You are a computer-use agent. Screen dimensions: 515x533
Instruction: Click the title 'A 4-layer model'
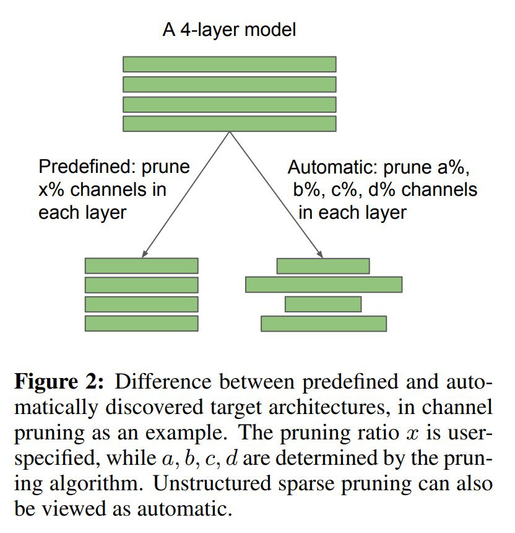pyautogui.click(x=229, y=30)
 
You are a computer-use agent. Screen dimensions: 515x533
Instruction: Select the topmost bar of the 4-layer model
pyautogui.click(x=230, y=64)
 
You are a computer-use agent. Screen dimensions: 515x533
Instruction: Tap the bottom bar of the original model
pyautogui.click(x=230, y=124)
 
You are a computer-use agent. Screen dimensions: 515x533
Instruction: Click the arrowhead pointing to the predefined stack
pyautogui.click(x=144, y=253)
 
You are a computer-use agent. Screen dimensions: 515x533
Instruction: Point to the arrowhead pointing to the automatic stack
pyautogui.click(x=319, y=253)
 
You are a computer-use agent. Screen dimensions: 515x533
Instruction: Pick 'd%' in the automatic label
pyautogui.click(x=381, y=190)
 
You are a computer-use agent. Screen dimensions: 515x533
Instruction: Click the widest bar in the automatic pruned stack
pyautogui.click(x=324, y=284)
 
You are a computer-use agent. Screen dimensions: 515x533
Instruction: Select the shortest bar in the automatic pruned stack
pyautogui.click(x=323, y=304)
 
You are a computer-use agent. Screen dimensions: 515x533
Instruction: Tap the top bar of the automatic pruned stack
pyautogui.click(x=323, y=266)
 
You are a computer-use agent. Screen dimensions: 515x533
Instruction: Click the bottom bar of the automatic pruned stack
pyautogui.click(x=324, y=324)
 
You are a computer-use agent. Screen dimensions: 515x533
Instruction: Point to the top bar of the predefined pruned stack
pyautogui.click(x=142, y=265)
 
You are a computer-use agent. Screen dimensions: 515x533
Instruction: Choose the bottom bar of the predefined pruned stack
pyautogui.click(x=142, y=324)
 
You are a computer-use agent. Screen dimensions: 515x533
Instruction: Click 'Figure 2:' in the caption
pyautogui.click(x=59, y=382)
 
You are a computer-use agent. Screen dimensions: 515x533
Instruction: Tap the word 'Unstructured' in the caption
pyautogui.click(x=212, y=483)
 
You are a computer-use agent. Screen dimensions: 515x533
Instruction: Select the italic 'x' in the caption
pyautogui.click(x=412, y=434)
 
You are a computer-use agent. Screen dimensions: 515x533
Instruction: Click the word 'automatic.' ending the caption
pyautogui.click(x=184, y=509)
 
